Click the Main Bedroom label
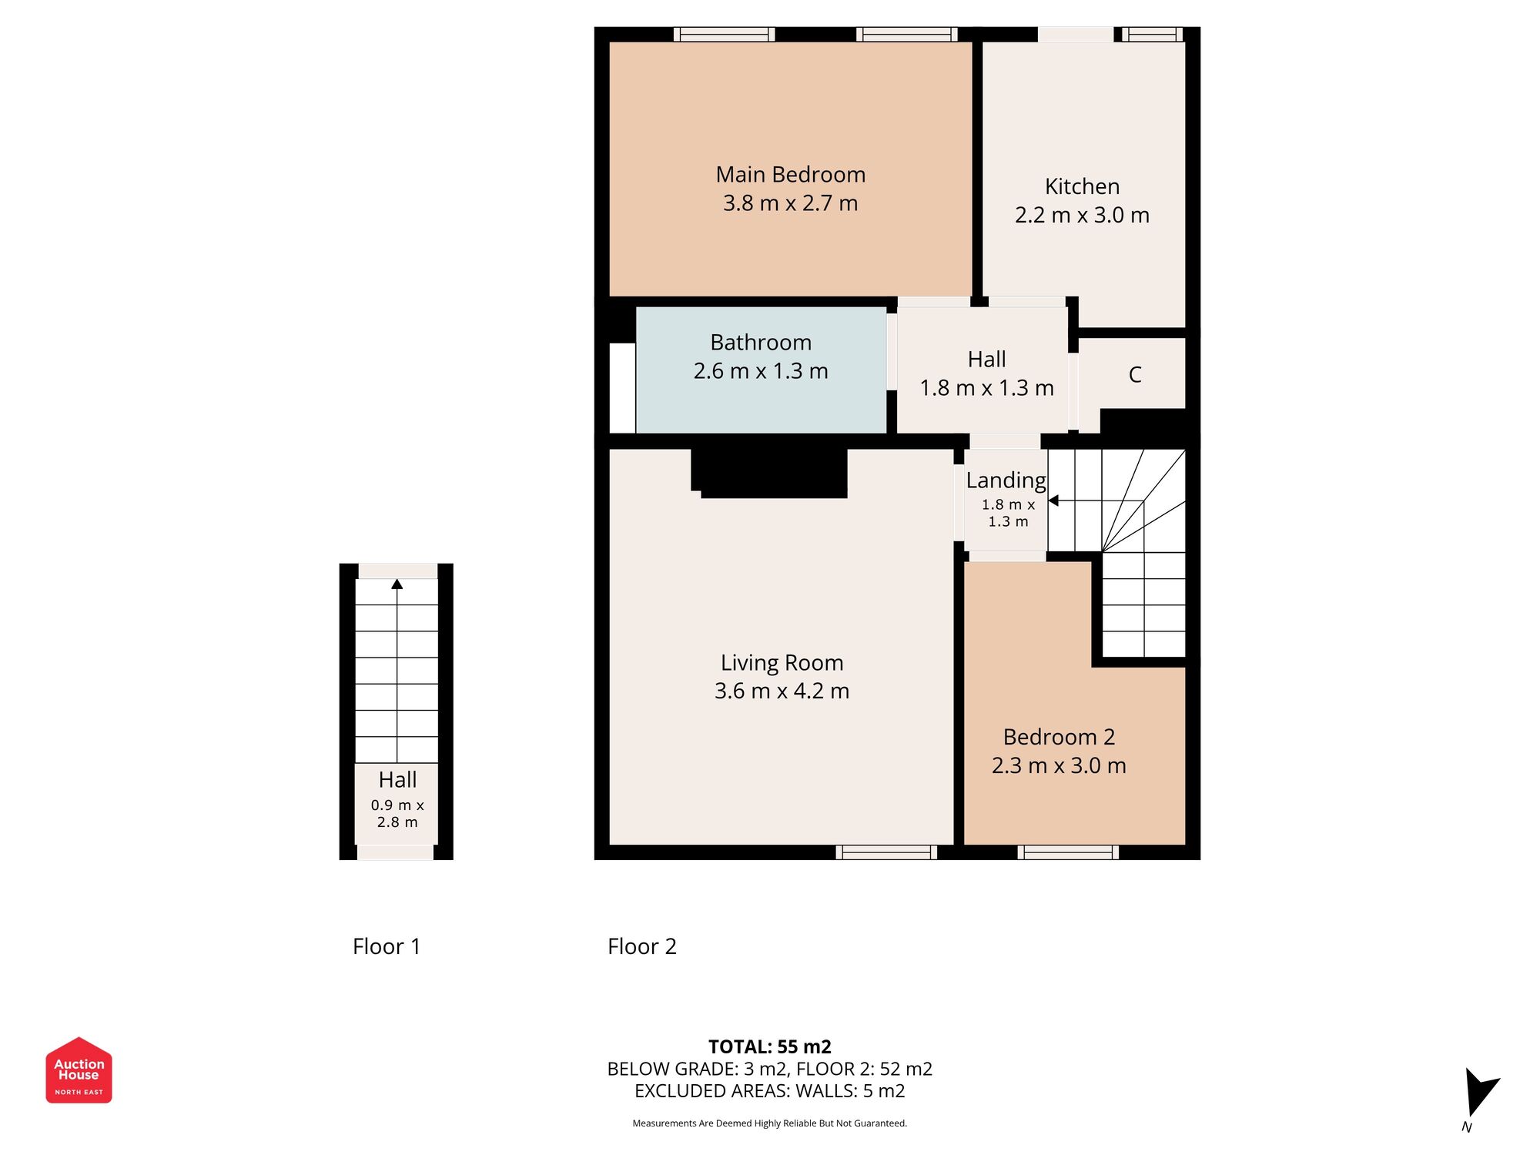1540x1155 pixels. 790,175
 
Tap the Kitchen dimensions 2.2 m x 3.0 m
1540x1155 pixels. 1082,216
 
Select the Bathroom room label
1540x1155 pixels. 761,343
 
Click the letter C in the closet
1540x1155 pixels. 1134,375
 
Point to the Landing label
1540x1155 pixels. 1006,480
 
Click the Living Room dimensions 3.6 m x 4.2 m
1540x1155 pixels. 782,691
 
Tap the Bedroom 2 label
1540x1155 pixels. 1059,738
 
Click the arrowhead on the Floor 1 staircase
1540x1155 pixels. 397,584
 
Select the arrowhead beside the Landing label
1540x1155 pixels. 1053,501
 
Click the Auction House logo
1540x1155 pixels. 79,1070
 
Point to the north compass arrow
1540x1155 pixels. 1479,1092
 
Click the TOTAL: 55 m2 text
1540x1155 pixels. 769,1047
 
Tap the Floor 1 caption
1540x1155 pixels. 387,946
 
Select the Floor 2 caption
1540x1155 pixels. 641,946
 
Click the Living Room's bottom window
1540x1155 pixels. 886,852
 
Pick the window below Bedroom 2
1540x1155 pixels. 1068,852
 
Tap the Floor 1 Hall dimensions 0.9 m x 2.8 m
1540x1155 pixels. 397,814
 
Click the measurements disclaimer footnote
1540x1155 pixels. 769,1123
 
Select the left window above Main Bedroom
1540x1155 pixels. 724,34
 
